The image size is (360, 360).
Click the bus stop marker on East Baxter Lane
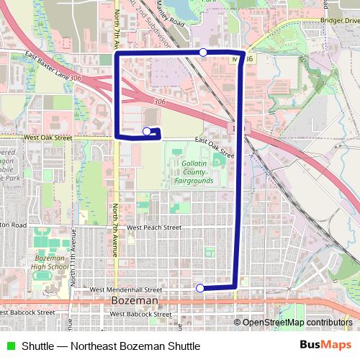[204, 52]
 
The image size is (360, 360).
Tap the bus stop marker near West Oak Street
[147, 131]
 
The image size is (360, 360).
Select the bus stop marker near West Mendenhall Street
[199, 288]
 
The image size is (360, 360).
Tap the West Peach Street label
[153, 227]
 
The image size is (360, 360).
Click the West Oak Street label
[48, 136]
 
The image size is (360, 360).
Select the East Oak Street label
[215, 147]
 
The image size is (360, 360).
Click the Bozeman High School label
[51, 262]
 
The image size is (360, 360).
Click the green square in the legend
[10, 346]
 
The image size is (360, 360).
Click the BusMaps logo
[321, 345]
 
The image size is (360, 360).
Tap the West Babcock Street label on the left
[29, 313]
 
